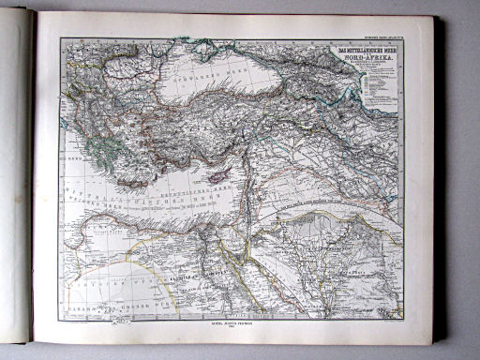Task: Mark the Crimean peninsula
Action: pos(215,53)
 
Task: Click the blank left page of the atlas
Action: pos(16,178)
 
